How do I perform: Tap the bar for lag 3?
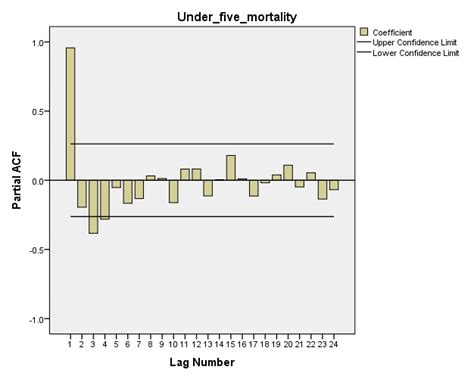coord(93,206)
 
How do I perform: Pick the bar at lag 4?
coord(105,199)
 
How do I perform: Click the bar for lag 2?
coord(82,193)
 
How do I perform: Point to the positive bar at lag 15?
coord(231,168)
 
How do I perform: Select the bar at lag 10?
coord(174,191)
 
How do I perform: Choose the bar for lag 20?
coord(288,173)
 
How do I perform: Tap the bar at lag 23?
coord(323,189)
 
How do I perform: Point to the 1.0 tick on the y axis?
coord(41,42)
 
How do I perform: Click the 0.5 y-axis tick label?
coord(41,111)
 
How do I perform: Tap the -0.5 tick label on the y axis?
coord(39,250)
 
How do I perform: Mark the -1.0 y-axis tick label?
coord(39,319)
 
